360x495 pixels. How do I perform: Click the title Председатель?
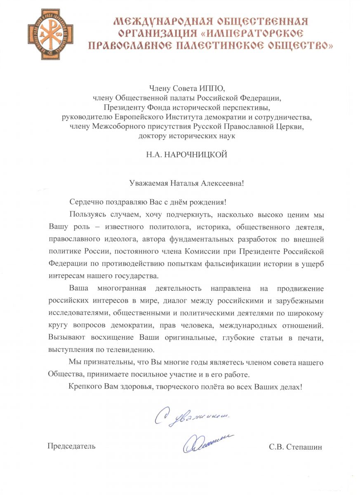point(72,446)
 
